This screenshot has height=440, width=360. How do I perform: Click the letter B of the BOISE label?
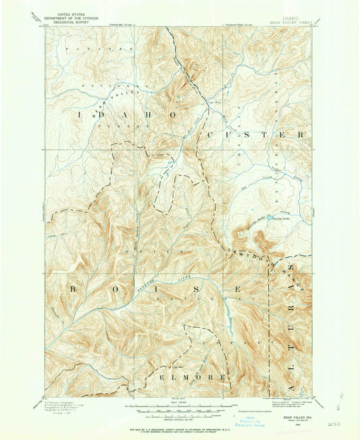click(71, 289)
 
